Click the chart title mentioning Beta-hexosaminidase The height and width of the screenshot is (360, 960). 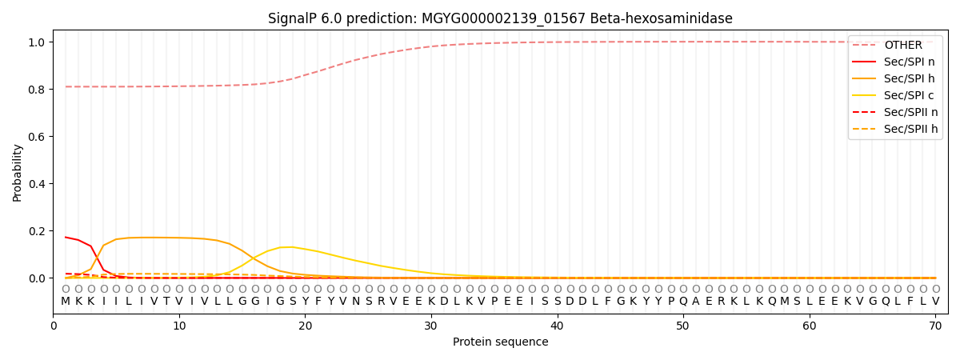500,18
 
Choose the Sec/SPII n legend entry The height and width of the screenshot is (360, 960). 895,112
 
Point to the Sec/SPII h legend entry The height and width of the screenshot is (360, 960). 895,129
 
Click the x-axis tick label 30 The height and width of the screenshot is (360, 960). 430,326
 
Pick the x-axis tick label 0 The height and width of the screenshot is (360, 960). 53,326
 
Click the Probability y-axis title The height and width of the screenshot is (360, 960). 17,173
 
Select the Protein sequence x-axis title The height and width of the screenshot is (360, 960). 500,342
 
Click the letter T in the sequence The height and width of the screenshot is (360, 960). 166,302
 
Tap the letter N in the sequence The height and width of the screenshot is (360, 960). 356,302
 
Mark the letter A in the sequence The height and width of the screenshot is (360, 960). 695,302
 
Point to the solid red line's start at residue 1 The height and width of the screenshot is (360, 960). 66,237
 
